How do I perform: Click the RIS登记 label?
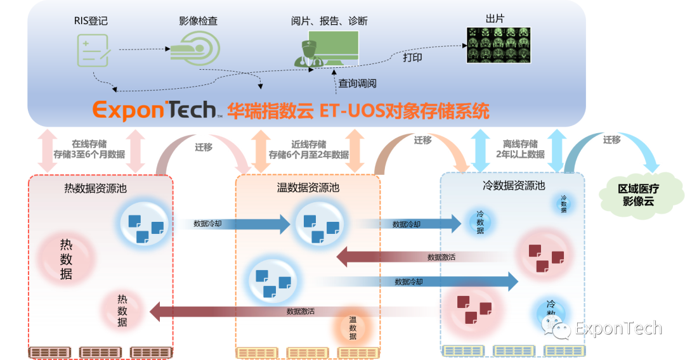pos(91,21)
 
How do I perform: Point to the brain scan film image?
pos(499,46)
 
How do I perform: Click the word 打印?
pos(412,58)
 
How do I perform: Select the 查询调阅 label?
pos(357,83)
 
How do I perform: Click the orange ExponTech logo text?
pos(154,110)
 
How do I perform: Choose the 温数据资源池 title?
pos(308,188)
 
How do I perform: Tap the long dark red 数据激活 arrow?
pos(292,311)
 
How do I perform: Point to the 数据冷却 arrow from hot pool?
pos(232,224)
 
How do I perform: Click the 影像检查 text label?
pos(198,21)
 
